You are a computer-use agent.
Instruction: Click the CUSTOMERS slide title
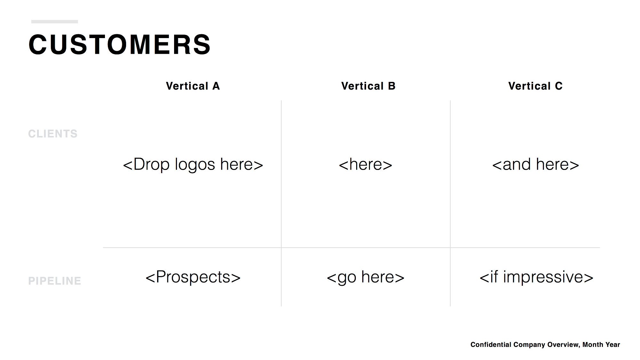point(119,44)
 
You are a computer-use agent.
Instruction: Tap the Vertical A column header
point(193,86)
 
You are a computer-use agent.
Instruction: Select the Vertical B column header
point(368,86)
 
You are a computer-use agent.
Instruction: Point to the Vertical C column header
point(535,86)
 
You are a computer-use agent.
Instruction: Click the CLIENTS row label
point(53,134)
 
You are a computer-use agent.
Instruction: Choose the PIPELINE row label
point(55,281)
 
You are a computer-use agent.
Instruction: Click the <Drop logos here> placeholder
point(193,164)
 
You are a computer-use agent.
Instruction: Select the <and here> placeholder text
point(536,164)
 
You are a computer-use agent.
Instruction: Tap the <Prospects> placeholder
point(193,277)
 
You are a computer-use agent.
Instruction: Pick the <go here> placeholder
point(366,277)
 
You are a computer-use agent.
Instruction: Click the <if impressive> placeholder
point(537,277)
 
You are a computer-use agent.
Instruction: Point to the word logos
point(195,165)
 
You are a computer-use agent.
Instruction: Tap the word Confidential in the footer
point(491,345)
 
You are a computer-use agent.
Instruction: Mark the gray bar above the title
point(55,22)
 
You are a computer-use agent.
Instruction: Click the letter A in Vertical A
point(216,86)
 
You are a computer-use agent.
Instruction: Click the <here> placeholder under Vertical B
point(365,164)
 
